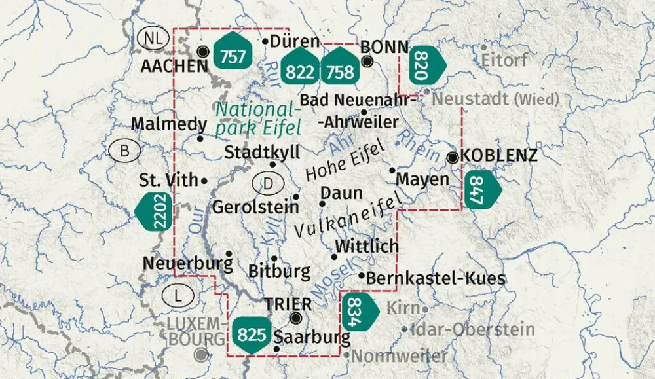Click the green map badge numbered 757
pyautogui.click(x=233, y=57)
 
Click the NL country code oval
pyautogui.click(x=153, y=38)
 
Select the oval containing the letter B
pyautogui.click(x=125, y=152)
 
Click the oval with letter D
pyautogui.click(x=268, y=184)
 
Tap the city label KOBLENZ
pyautogui.click(x=499, y=156)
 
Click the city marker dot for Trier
pyautogui.click(x=296, y=318)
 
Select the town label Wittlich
pyautogui.click(x=366, y=246)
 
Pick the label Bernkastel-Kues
pyautogui.click(x=436, y=278)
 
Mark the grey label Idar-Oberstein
pyautogui.click(x=466, y=330)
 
